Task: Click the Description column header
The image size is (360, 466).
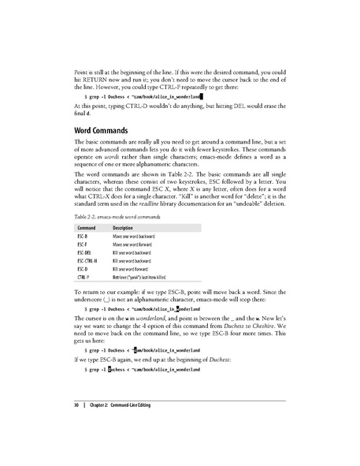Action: tap(124, 228)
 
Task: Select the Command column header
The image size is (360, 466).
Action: tap(86, 228)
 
